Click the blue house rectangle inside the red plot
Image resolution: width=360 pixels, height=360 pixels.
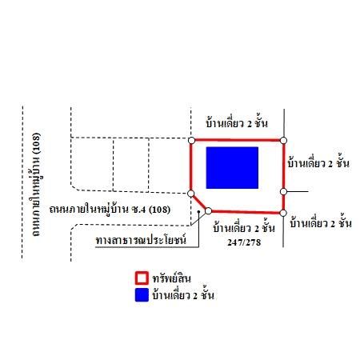pos(232,168)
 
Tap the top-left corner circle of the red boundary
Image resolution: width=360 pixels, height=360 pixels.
pos(191,140)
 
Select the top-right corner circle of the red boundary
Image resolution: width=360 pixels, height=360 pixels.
pos(283,140)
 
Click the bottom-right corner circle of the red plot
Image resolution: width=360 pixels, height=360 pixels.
pos(283,213)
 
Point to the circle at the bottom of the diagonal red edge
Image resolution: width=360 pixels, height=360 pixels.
pos(208,211)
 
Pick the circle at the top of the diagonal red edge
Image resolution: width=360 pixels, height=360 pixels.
pos(191,194)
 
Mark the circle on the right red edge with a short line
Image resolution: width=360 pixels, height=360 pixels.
pos(283,191)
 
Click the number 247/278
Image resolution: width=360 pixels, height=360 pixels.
pos(244,242)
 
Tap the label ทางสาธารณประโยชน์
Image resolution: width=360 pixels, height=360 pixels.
pos(141,239)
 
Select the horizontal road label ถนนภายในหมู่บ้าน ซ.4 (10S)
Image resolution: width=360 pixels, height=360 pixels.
pos(110,209)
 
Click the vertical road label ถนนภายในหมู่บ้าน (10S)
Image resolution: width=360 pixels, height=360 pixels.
pos(35,185)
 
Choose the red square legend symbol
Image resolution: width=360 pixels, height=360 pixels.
pos(142,278)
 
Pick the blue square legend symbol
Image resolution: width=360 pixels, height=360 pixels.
pos(142,294)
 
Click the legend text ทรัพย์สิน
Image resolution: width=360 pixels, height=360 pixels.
pos(172,278)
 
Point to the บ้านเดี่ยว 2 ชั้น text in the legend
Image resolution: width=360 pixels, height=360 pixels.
pos(183,294)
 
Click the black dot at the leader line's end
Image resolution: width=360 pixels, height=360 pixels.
pos(198,212)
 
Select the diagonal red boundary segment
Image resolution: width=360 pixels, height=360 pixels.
pos(199,202)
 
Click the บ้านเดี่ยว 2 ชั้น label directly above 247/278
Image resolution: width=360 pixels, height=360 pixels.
pos(244,228)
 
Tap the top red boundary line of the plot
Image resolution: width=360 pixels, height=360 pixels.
pos(238,140)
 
